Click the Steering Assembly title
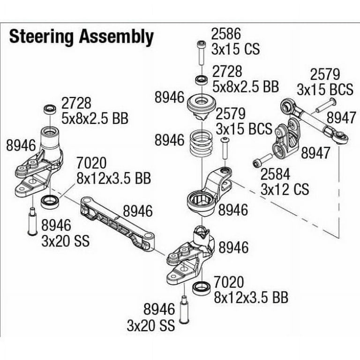(81, 37)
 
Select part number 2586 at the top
(226, 34)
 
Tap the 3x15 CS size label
(236, 49)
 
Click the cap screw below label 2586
(201, 53)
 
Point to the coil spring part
(202, 143)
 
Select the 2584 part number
(275, 174)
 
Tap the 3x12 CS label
(285, 189)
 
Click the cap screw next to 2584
(262, 160)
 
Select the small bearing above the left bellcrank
(50, 109)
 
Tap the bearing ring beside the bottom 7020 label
(202, 288)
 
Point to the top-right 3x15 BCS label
(325, 90)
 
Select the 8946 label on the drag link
(138, 211)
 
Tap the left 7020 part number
(91, 163)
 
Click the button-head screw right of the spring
(225, 148)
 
